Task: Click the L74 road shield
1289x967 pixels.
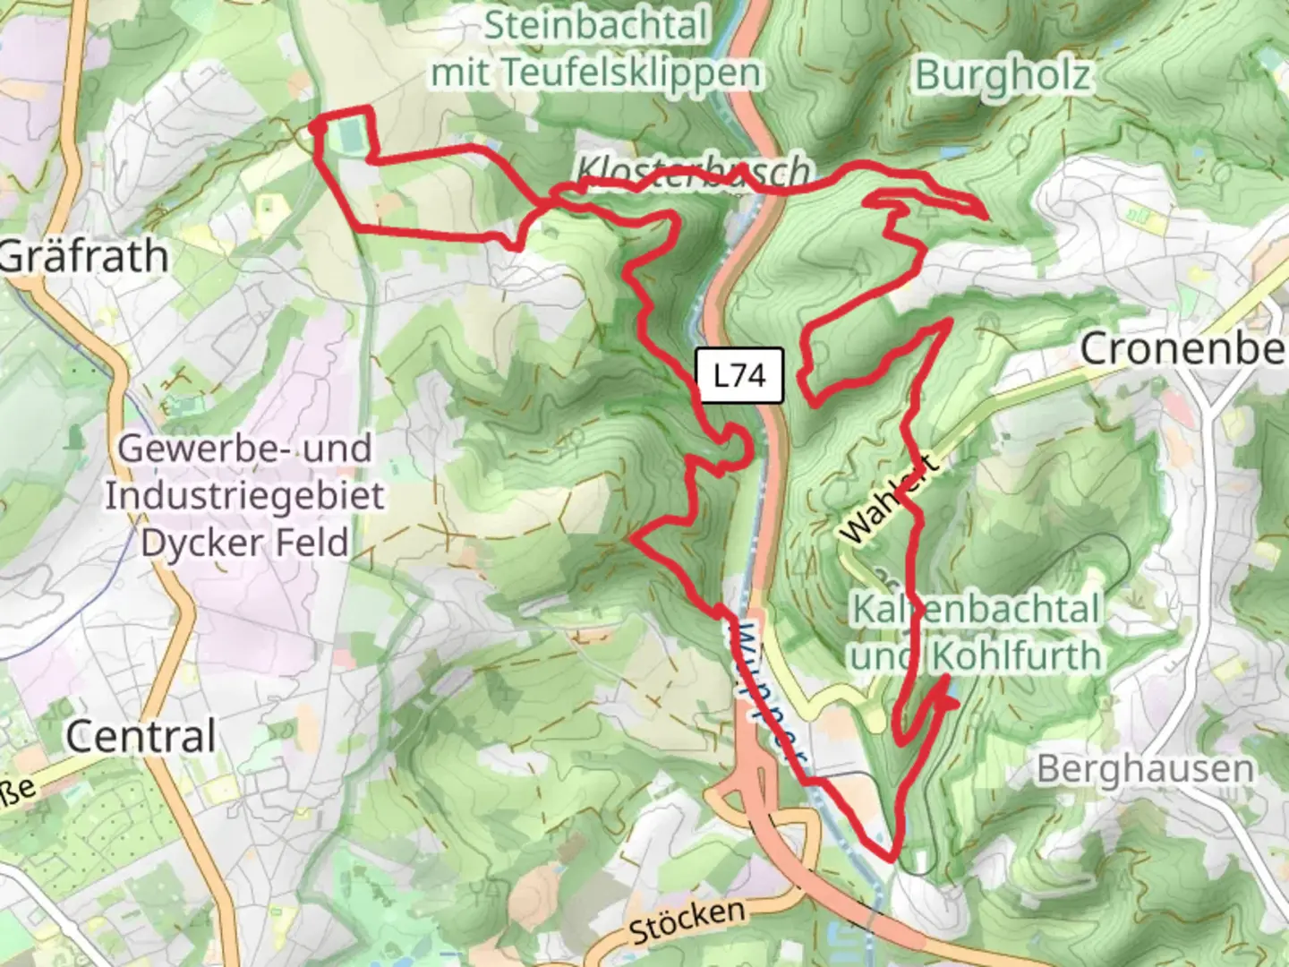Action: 739,375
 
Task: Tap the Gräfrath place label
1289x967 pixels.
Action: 83,257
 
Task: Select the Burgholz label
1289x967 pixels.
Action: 1003,76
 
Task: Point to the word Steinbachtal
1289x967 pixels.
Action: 596,25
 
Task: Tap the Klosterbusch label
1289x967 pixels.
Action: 694,170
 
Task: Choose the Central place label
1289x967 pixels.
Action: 141,737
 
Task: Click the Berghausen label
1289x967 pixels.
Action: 1145,768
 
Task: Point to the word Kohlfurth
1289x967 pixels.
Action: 1016,656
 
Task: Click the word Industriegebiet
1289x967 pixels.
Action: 244,495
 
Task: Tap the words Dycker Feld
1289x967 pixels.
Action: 244,543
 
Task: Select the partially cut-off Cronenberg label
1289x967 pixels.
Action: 1182,348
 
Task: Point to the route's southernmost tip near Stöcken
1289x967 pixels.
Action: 891,858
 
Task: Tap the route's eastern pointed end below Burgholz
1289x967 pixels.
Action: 986,216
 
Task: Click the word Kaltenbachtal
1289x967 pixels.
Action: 975,609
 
